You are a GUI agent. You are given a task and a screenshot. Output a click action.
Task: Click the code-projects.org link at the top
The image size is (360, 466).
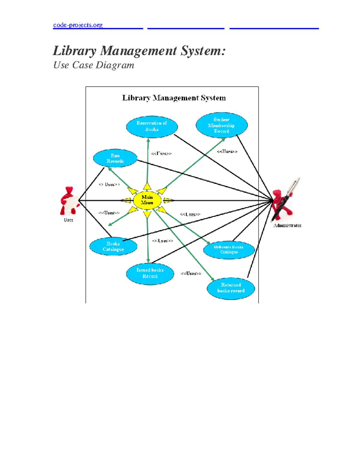click(78, 25)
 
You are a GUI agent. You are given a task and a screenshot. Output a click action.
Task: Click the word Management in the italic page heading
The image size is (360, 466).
click(138, 51)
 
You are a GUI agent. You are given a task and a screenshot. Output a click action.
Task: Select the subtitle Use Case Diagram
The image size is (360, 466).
click(94, 65)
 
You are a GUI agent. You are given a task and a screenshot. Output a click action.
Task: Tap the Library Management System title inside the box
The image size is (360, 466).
click(174, 98)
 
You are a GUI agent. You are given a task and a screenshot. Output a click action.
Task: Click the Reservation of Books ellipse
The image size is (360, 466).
click(152, 126)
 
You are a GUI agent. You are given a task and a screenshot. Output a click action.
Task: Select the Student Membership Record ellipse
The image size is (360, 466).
click(221, 125)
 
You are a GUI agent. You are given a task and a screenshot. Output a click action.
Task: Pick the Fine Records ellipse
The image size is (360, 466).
click(115, 158)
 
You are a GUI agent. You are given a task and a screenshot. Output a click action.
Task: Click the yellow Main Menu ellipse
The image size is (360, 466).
click(147, 200)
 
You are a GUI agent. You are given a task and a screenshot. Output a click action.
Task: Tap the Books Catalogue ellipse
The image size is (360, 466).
click(113, 247)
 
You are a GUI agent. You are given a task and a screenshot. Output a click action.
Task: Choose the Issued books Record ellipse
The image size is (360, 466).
click(150, 273)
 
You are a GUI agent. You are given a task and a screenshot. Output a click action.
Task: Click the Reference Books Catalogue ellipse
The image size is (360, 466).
click(229, 250)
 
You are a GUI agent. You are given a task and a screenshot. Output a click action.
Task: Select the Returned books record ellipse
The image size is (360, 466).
click(231, 288)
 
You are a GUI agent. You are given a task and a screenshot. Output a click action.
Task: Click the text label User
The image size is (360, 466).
click(68, 220)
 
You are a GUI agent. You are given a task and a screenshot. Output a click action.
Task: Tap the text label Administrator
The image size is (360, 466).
click(287, 226)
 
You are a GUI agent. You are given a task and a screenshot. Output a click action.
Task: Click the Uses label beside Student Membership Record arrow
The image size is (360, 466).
click(227, 152)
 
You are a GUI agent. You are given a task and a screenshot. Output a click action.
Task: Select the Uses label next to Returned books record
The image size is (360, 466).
click(191, 273)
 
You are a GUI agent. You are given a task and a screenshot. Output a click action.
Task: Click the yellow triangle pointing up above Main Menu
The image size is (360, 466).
click(147, 186)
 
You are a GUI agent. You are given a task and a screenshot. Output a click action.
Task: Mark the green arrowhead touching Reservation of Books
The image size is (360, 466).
click(148, 140)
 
